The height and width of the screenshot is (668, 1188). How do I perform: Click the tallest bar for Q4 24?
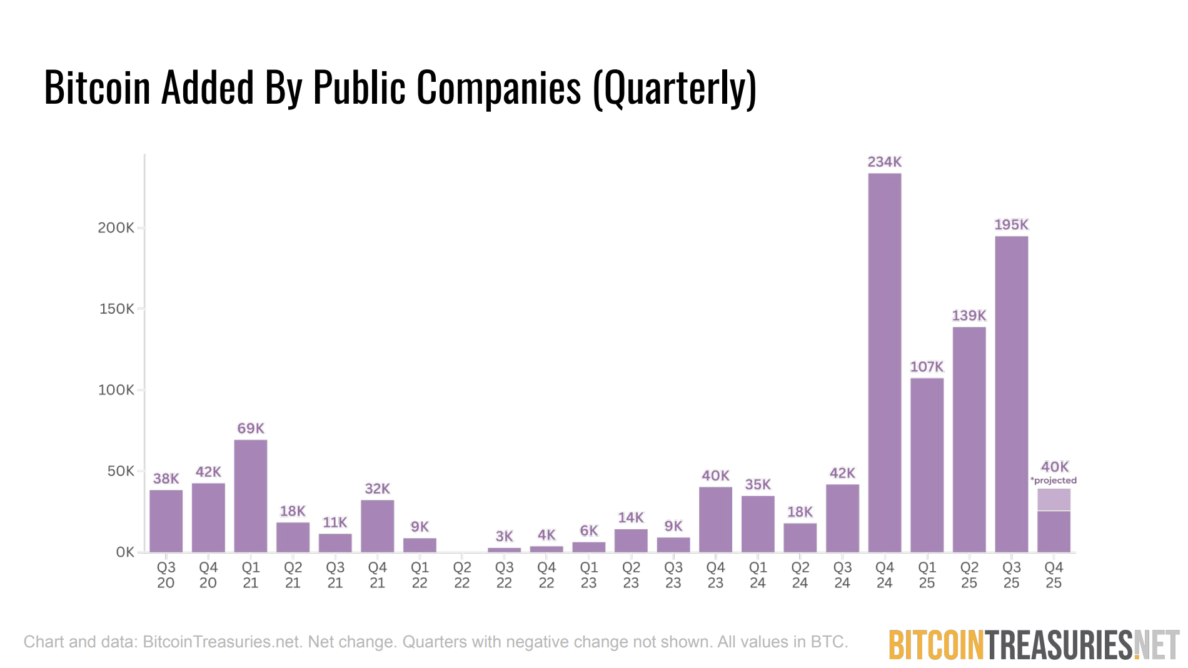pyautogui.click(x=884, y=362)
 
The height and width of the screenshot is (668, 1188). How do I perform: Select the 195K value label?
pyautogui.click(x=1011, y=224)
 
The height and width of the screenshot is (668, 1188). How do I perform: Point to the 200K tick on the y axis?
pyautogui.click(x=116, y=227)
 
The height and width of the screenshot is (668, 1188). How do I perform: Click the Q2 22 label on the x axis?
pyautogui.click(x=461, y=575)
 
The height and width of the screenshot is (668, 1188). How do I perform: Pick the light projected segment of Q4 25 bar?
pyautogui.click(x=1054, y=500)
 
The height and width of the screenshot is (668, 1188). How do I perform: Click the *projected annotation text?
pyautogui.click(x=1054, y=481)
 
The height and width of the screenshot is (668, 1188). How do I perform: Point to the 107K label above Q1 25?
pyautogui.click(x=927, y=367)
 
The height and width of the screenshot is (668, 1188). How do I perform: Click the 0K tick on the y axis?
pyautogui.click(x=125, y=552)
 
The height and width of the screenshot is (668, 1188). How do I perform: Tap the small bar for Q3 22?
pyautogui.click(x=504, y=550)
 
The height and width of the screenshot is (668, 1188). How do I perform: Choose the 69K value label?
pyautogui.click(x=250, y=428)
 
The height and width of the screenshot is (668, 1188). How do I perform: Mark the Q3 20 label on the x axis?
pyautogui.click(x=166, y=575)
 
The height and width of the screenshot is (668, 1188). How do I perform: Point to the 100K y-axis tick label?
pyautogui.click(x=116, y=390)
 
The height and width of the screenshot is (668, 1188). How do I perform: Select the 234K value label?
pyautogui.click(x=884, y=162)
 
